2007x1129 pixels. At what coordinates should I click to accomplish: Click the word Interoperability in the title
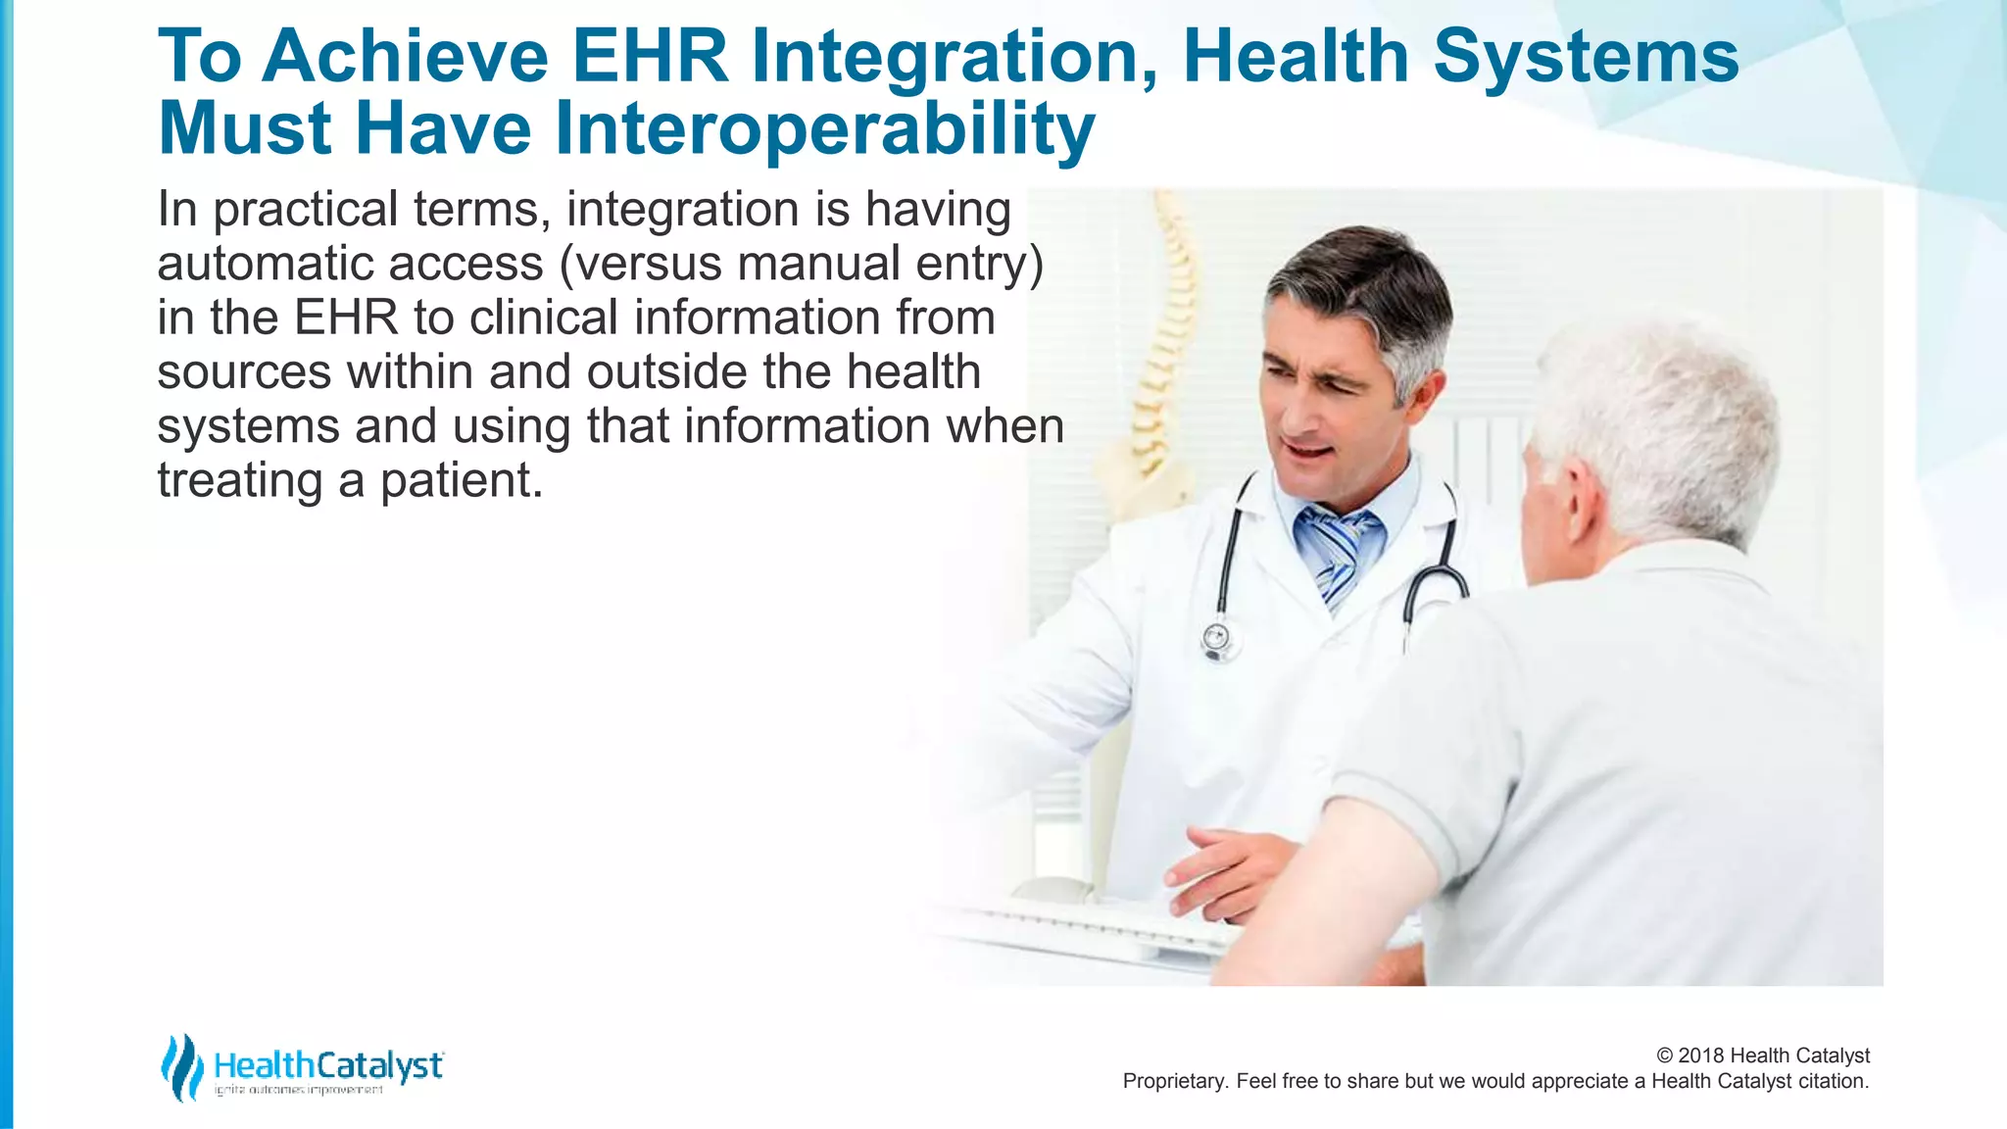pos(824,128)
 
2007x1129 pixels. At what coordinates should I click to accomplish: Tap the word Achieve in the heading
pos(405,56)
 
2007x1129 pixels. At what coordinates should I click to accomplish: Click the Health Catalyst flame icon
pos(181,1066)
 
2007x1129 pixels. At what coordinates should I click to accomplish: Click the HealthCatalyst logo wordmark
pos(328,1064)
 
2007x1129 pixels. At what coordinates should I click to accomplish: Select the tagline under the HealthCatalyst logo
pos(299,1090)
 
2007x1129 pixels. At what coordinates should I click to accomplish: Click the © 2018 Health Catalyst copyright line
pos(1762,1055)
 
